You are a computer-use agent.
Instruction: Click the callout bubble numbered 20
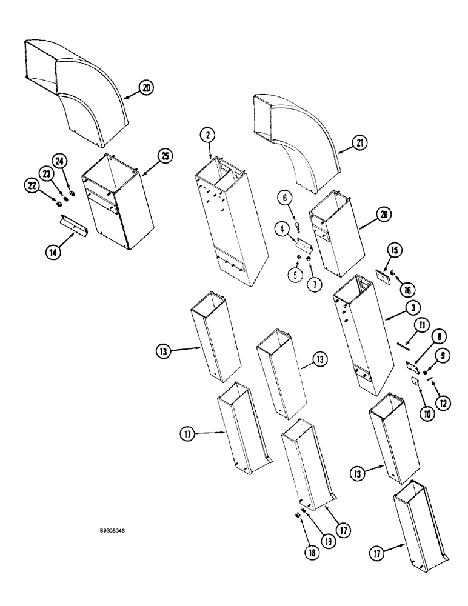[145, 87]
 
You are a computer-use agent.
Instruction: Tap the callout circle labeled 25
[164, 156]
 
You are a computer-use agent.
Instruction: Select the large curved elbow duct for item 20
[79, 91]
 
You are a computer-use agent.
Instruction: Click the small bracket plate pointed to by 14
[75, 227]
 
